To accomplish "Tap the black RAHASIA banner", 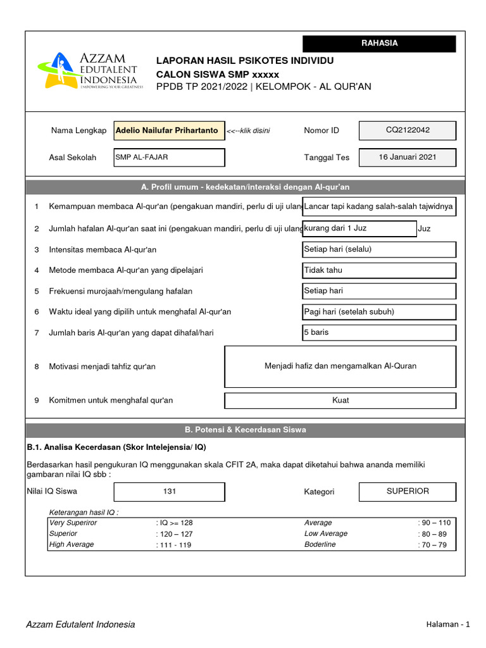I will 379,44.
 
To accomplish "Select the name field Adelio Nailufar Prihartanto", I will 169,130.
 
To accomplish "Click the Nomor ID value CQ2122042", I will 408,130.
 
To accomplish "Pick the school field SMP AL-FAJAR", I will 169,158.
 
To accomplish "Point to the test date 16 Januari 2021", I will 408,157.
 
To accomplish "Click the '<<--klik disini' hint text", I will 248,131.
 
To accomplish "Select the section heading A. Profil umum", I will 245,187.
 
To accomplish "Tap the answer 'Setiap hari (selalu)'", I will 379,249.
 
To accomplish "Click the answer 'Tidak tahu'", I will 379,270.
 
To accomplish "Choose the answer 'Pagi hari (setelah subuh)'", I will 379,312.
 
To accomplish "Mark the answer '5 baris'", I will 379,332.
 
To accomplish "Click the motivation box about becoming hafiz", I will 340,366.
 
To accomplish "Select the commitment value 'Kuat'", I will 340,401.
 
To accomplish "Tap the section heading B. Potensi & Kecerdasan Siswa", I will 245,430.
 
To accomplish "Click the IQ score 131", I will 169,492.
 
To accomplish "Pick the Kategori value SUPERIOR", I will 408,491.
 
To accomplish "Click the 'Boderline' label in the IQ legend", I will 320,545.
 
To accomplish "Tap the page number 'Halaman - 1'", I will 448,625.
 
